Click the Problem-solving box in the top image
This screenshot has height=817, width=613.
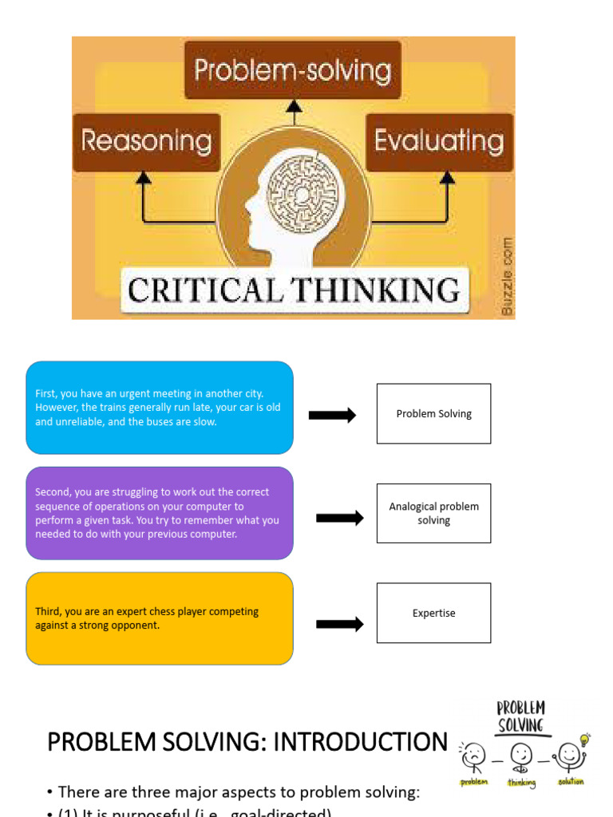click(293, 70)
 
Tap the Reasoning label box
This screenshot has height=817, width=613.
click(146, 142)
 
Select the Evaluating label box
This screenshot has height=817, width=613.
click(439, 142)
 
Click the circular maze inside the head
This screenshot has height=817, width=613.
click(302, 194)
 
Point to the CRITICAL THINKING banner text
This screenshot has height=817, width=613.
click(294, 290)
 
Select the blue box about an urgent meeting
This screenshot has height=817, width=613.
click(160, 408)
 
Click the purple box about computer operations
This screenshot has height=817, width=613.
click(160, 513)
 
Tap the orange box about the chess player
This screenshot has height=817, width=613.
click(160, 618)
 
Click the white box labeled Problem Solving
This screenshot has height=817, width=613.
click(433, 413)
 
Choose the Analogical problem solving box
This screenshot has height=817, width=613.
click(433, 513)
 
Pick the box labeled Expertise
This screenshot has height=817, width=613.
click(433, 613)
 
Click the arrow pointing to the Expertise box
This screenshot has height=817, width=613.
click(340, 624)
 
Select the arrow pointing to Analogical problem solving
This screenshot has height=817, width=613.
click(340, 518)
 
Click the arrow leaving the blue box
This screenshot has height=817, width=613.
click(332, 415)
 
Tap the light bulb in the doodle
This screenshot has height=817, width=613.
click(585, 739)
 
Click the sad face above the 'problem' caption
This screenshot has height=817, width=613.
click(473, 752)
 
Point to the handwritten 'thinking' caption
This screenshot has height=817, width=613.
click(522, 783)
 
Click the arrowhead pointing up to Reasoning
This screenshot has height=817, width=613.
click(144, 178)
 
